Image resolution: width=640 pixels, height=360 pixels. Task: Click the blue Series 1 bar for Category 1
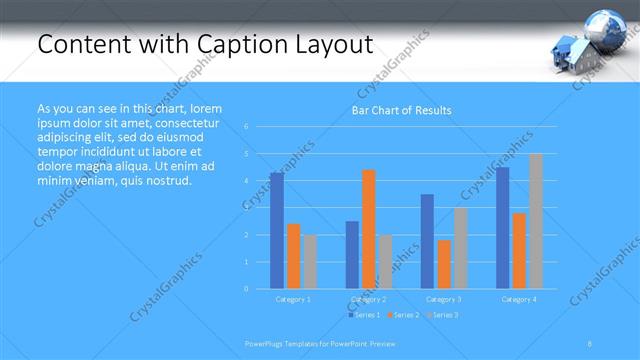click(277, 230)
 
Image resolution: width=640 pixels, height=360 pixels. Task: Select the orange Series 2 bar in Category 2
click(369, 229)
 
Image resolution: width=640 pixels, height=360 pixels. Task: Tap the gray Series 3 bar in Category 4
click(536, 221)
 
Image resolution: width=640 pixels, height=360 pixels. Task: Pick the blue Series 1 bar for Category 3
click(427, 241)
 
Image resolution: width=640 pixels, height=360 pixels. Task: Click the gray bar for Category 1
click(310, 261)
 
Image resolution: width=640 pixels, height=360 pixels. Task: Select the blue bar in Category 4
click(502, 228)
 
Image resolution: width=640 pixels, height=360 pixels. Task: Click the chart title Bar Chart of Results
click(401, 110)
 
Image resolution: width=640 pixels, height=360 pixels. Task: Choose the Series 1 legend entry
click(364, 315)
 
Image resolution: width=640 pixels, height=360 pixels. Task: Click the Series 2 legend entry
click(402, 315)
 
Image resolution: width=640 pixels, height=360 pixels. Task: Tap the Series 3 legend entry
click(441, 315)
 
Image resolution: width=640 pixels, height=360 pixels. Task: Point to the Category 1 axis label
click(293, 299)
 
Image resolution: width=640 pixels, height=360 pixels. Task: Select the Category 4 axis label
click(519, 299)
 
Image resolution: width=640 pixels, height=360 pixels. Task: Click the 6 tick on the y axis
click(247, 127)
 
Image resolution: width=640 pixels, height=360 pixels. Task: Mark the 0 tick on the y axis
click(247, 289)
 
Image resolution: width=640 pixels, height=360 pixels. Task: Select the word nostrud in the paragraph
click(165, 181)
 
